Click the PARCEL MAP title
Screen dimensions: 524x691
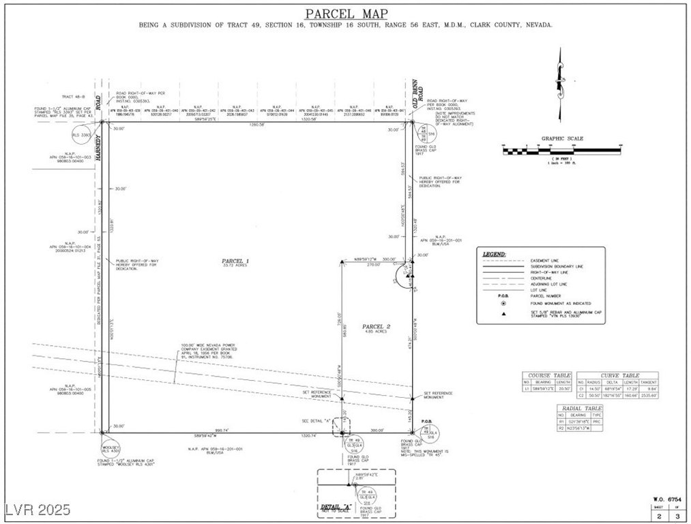(346, 13)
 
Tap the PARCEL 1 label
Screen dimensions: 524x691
(235, 261)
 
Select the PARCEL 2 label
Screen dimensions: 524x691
(376, 327)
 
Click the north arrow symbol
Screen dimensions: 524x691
(560, 82)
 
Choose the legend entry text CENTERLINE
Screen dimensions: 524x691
(541, 278)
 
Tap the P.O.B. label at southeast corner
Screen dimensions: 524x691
(427, 422)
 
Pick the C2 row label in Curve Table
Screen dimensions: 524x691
(582, 395)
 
